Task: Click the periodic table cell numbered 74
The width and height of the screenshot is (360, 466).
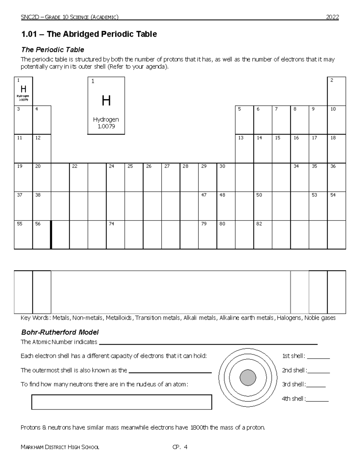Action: coord(115,235)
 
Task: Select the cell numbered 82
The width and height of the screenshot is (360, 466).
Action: coord(263,235)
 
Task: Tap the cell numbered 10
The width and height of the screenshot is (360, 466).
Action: coord(337,120)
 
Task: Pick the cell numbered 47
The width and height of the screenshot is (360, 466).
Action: coord(208,206)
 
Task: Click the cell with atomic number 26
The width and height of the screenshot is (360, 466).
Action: coord(152,177)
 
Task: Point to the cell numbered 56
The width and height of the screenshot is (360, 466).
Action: coord(41,235)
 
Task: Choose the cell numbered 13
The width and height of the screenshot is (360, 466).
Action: coord(244,149)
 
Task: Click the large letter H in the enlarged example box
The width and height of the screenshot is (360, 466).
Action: coord(106,101)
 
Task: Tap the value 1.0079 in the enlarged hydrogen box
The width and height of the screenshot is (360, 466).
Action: coord(106,126)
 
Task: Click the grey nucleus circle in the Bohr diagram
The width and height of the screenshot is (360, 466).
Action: coord(248,377)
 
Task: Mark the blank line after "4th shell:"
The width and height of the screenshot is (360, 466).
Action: coord(317,399)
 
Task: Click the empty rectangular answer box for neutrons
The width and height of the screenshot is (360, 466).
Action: coord(121,402)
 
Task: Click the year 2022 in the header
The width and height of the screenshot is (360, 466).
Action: coord(332,17)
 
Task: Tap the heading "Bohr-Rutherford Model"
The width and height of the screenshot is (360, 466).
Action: coord(60,332)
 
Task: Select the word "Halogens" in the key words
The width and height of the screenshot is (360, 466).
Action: coord(289,318)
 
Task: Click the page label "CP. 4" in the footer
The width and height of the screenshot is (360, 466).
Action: coord(180,447)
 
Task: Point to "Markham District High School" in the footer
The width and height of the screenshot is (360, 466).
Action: coord(60,447)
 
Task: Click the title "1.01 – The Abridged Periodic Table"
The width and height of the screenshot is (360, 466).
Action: coord(89,34)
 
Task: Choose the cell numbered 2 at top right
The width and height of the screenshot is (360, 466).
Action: coord(337,91)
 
